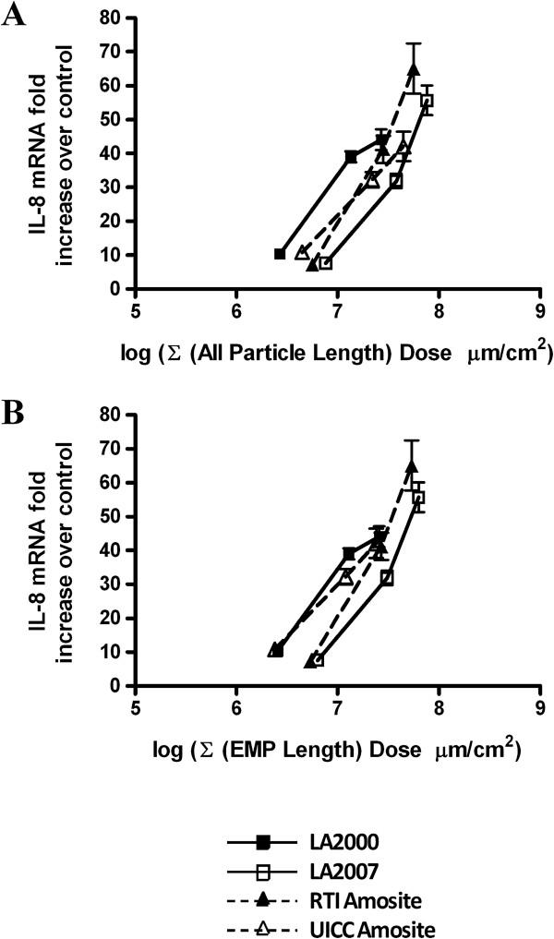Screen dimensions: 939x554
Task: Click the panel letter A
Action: (13, 18)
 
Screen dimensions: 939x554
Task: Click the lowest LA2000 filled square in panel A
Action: (280, 254)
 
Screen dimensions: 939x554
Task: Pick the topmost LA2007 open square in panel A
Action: (427, 101)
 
